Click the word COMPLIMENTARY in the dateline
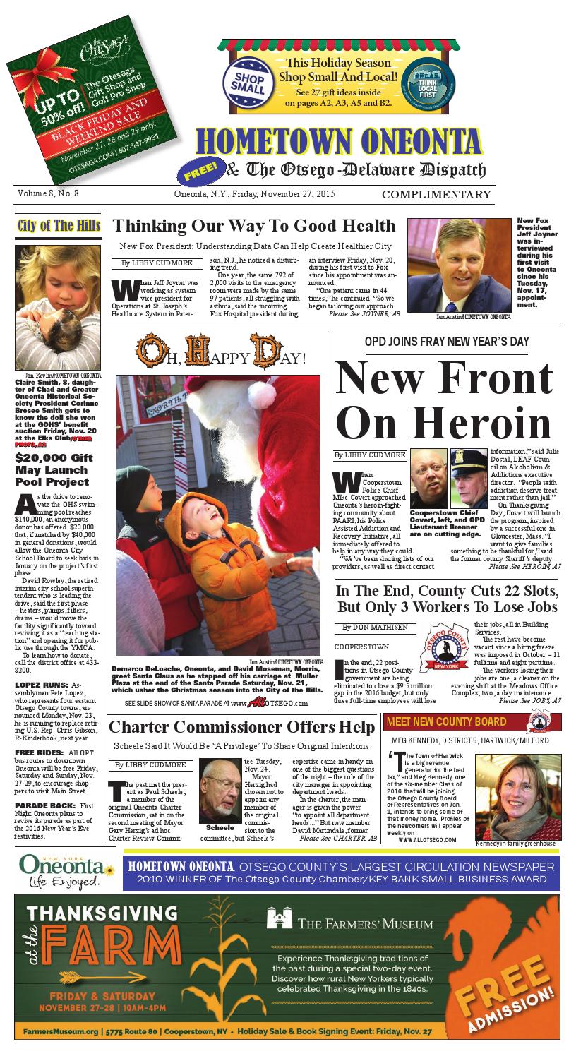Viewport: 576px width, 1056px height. click(436, 195)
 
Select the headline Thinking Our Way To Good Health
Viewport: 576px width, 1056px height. click(254, 226)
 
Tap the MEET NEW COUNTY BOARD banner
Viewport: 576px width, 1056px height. click(446, 721)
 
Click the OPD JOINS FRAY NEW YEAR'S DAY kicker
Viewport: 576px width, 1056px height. click(447, 342)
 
